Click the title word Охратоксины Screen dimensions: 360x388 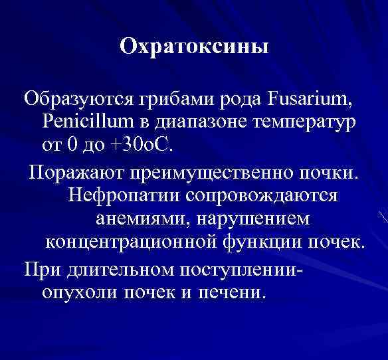[194, 48]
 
